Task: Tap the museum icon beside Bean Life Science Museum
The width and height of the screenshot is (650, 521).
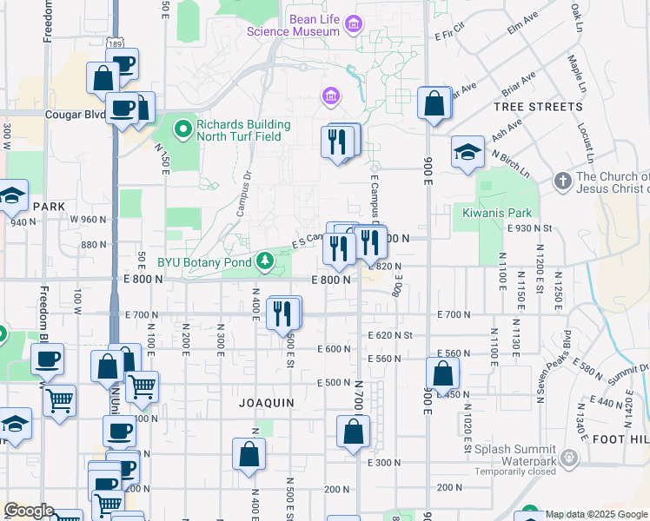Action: (354, 24)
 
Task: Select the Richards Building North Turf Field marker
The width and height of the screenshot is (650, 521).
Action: (183, 129)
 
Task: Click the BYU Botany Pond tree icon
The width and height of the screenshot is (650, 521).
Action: (262, 260)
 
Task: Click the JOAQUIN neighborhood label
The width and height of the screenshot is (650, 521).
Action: (267, 403)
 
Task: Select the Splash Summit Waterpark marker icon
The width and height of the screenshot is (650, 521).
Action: (568, 456)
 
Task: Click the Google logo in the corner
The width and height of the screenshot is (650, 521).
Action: (28, 511)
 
